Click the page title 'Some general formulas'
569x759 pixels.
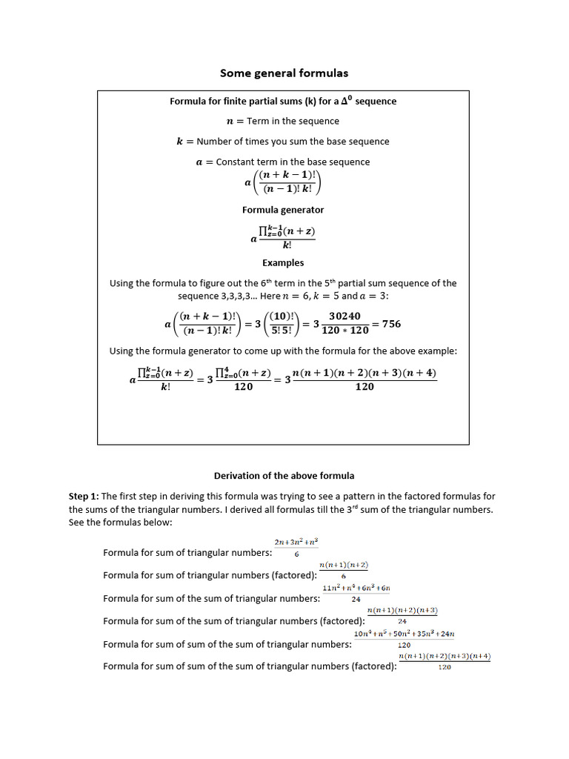(x=284, y=73)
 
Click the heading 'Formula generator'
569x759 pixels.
(x=283, y=210)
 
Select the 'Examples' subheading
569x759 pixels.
(x=283, y=262)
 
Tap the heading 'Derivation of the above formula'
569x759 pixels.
(x=284, y=476)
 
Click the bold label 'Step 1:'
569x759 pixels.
(x=84, y=496)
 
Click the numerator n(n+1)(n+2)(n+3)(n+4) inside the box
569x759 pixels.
(x=365, y=373)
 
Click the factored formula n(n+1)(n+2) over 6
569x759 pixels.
(x=344, y=570)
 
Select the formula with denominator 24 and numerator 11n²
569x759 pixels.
(x=356, y=593)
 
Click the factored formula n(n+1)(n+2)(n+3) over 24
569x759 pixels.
(x=402, y=615)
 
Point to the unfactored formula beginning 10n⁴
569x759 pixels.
(x=405, y=639)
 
